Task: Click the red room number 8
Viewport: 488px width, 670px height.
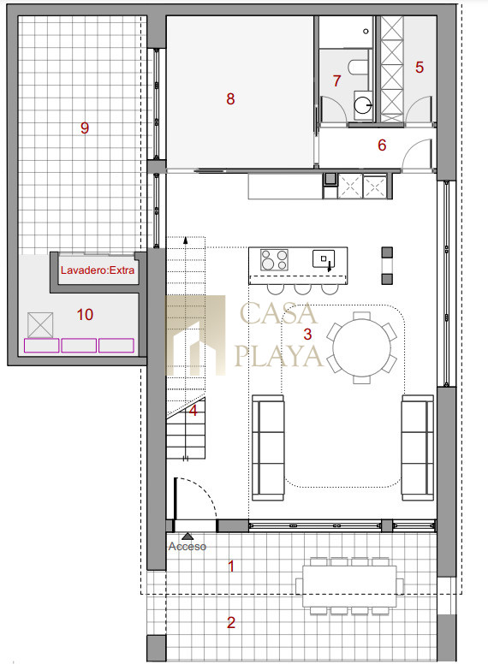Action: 230,98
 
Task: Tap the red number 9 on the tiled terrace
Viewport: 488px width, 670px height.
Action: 85,127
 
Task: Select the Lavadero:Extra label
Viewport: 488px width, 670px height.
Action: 98,270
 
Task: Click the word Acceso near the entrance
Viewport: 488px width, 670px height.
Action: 187,547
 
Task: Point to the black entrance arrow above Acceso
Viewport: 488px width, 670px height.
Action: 187,536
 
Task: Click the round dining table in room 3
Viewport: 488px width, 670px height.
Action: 362,347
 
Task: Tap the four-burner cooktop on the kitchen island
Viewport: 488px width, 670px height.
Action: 274,260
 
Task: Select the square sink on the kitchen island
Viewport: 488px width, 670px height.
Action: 324,258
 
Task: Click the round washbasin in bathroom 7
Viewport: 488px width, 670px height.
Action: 363,104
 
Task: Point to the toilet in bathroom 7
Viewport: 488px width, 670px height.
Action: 359,68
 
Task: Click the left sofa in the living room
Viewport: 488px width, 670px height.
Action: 268,448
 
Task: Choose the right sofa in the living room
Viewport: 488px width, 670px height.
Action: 418,448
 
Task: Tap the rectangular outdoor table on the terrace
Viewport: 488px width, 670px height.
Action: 349,586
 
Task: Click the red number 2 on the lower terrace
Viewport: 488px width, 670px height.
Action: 231,622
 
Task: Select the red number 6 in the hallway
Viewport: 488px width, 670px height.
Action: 382,145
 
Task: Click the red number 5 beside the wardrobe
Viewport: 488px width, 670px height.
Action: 420,67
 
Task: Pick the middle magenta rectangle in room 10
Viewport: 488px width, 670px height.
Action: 79,345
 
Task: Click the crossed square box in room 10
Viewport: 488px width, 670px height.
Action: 40,325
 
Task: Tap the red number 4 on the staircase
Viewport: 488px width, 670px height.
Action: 193,411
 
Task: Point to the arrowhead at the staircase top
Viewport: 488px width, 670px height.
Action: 186,240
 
